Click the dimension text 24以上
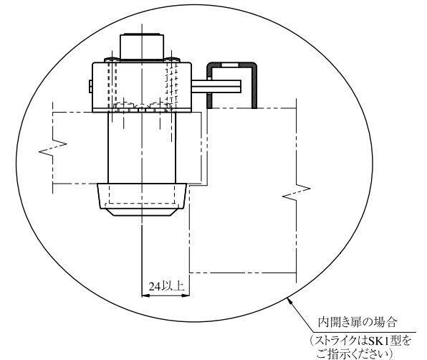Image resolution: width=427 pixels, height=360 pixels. pos(166,286)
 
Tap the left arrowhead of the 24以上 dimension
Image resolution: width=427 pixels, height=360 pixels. pos(145,295)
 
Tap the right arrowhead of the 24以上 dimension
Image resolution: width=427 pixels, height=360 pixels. pos(186,295)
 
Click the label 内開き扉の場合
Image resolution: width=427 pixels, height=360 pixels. pos(358,323)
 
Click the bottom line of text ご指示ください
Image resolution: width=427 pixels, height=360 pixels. pos(353,354)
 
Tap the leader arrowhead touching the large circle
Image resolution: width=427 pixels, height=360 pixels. pos(289,301)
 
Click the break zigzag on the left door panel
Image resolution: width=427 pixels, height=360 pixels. pos(53,148)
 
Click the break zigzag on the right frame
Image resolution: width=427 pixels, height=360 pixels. pos(297,192)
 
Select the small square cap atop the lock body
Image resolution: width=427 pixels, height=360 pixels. pos(142,47)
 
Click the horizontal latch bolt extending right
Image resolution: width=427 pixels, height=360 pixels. pos(216,86)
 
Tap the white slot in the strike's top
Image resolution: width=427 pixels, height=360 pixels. pos(230,65)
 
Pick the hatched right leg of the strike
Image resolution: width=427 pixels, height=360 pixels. pos(254,87)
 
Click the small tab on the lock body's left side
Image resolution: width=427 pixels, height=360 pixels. pos(91,86)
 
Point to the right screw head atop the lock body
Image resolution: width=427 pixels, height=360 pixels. pos(171,60)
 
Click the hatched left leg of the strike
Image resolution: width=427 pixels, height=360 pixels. pos(209,87)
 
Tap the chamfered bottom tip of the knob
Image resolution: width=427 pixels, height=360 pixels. pos(142,212)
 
